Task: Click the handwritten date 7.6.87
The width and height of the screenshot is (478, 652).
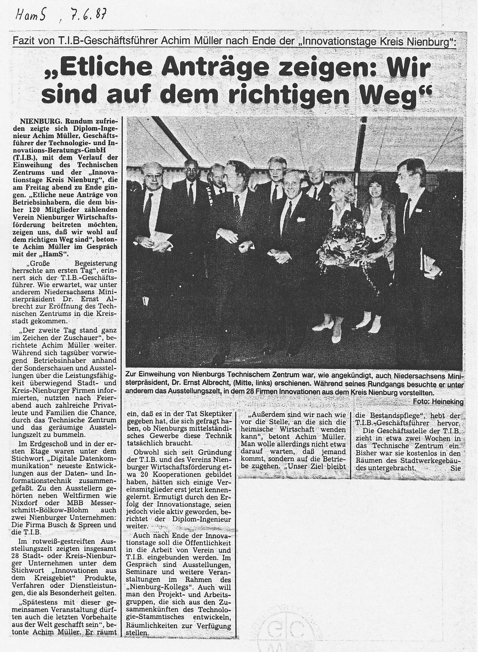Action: (x=87, y=17)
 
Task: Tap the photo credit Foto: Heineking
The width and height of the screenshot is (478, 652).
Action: (x=438, y=401)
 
